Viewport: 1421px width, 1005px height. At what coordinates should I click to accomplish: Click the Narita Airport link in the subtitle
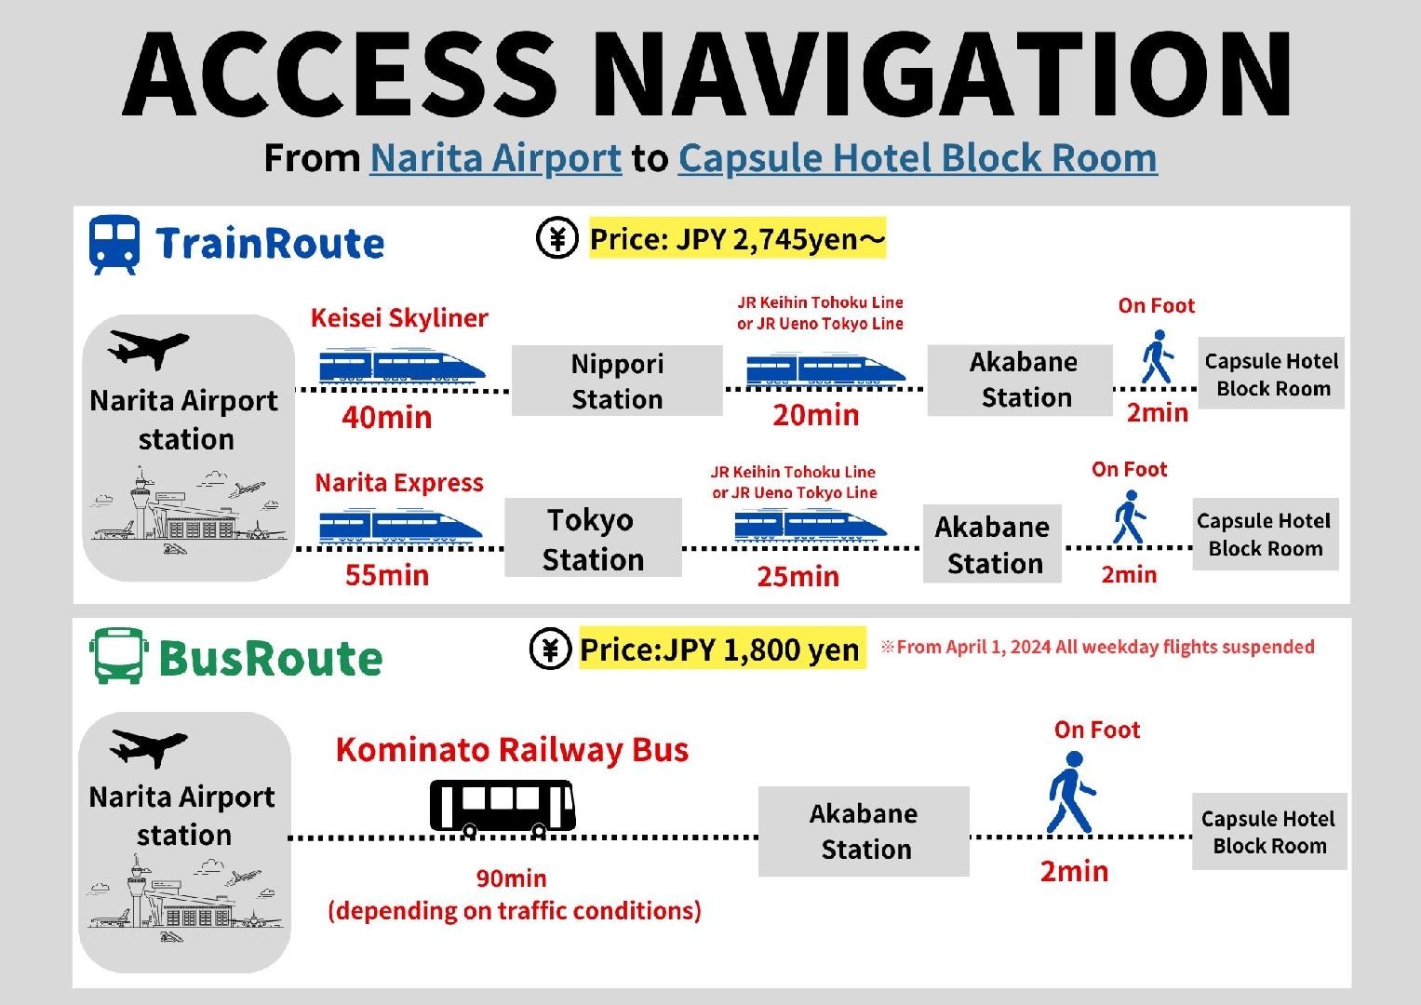(x=495, y=158)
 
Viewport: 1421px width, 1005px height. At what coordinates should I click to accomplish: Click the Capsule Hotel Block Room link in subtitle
(x=917, y=158)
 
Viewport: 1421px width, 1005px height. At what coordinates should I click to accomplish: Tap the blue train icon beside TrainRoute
(x=114, y=244)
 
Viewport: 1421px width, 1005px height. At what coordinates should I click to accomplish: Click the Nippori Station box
(x=617, y=381)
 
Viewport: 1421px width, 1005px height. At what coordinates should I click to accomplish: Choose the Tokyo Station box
(x=593, y=539)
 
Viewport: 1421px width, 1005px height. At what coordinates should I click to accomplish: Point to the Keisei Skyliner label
(x=399, y=318)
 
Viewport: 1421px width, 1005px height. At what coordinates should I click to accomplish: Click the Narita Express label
(x=399, y=483)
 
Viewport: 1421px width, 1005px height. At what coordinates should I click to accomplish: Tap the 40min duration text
(x=386, y=417)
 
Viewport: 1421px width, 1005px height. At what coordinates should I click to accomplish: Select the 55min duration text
(x=387, y=575)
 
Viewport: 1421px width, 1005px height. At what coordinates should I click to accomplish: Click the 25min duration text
(x=798, y=577)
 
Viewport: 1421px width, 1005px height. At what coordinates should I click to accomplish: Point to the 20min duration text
(x=815, y=415)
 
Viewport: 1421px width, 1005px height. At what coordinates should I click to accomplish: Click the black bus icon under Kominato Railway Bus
(x=503, y=806)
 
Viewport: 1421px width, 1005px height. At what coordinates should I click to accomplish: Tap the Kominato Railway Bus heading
(x=512, y=750)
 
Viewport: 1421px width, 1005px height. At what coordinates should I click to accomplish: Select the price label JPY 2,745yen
(x=737, y=240)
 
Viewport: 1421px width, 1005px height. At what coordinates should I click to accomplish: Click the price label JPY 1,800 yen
(x=719, y=650)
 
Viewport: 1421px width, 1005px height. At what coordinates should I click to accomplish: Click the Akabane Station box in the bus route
(x=864, y=831)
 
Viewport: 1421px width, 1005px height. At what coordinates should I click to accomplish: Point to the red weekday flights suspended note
(x=1097, y=647)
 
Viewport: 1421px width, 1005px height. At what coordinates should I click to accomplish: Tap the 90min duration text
(x=511, y=878)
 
